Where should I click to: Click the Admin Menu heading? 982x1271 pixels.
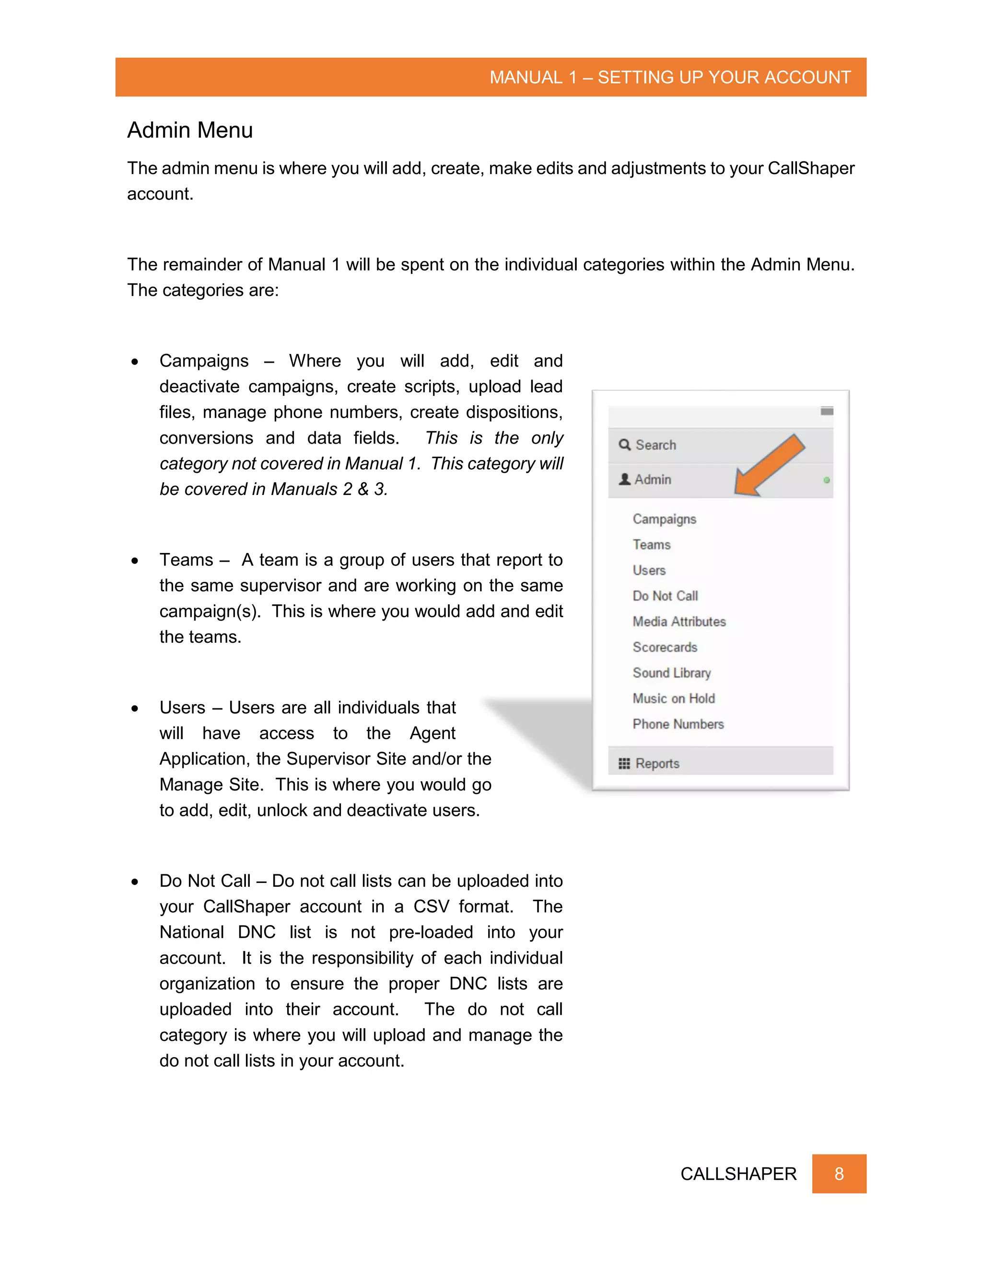coord(190,130)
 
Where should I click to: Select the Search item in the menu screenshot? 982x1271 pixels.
coord(655,445)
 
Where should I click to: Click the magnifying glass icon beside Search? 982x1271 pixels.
coord(625,445)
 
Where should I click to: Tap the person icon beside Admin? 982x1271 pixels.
coord(625,480)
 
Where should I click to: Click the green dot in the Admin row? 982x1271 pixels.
coord(826,480)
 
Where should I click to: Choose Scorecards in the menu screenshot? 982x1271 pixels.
coord(665,647)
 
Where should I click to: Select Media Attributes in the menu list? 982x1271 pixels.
coord(679,622)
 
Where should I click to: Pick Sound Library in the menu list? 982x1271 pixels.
coord(671,673)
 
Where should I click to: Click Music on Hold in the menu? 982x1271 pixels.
coord(674,698)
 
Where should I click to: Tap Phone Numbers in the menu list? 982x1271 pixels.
coord(678,724)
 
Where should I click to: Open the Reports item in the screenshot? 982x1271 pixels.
coord(657,764)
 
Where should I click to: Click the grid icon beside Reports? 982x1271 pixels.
coord(624,764)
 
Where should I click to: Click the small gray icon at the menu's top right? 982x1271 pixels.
coord(827,412)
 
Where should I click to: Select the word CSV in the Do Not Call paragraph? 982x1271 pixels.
coord(431,906)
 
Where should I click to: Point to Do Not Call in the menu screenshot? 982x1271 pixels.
coord(665,596)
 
